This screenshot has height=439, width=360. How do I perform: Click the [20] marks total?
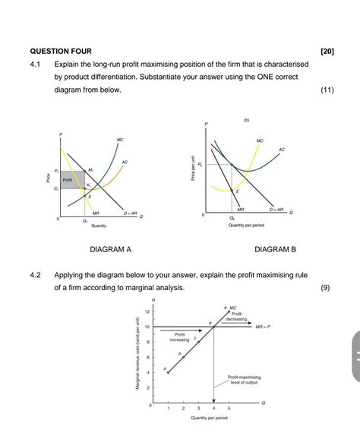(328, 51)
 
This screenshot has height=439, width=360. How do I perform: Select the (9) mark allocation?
(327, 288)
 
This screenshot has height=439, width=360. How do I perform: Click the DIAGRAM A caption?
(110, 249)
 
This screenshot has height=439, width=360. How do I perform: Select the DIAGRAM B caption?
(276, 249)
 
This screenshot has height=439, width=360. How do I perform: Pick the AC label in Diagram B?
(282, 150)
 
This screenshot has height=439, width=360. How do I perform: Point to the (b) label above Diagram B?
(246, 119)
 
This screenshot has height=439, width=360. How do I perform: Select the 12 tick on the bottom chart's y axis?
(147, 312)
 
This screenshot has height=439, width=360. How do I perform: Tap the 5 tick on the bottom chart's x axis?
(229, 409)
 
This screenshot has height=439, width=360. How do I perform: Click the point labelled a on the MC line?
(168, 372)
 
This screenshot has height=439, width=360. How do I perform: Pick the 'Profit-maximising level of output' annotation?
(244, 380)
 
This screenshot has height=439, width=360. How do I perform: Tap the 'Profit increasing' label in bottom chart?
(180, 336)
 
